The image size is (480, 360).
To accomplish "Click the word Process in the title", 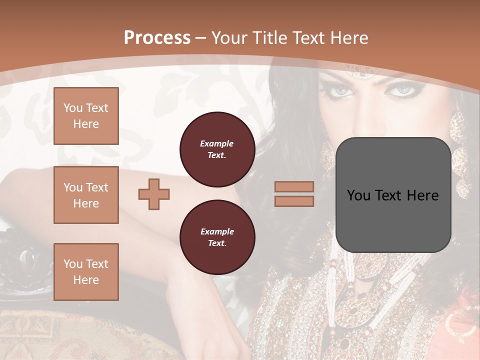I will [x=157, y=38].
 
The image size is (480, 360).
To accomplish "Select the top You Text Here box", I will [x=86, y=116].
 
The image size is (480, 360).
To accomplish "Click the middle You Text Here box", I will [x=86, y=195].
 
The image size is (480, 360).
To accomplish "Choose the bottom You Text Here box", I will [x=86, y=272].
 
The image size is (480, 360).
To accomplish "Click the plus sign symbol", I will [x=154, y=194].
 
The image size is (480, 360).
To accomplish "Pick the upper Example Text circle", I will [x=217, y=149].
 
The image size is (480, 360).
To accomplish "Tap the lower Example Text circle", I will [x=217, y=237].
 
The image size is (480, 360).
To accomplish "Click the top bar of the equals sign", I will [x=294, y=187].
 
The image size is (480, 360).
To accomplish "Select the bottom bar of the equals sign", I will [x=294, y=201].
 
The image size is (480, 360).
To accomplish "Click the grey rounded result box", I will [x=393, y=195].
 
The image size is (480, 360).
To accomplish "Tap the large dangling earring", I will [x=458, y=150].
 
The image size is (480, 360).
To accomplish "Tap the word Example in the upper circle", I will [x=217, y=143].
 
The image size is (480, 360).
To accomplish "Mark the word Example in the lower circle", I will [x=217, y=231].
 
